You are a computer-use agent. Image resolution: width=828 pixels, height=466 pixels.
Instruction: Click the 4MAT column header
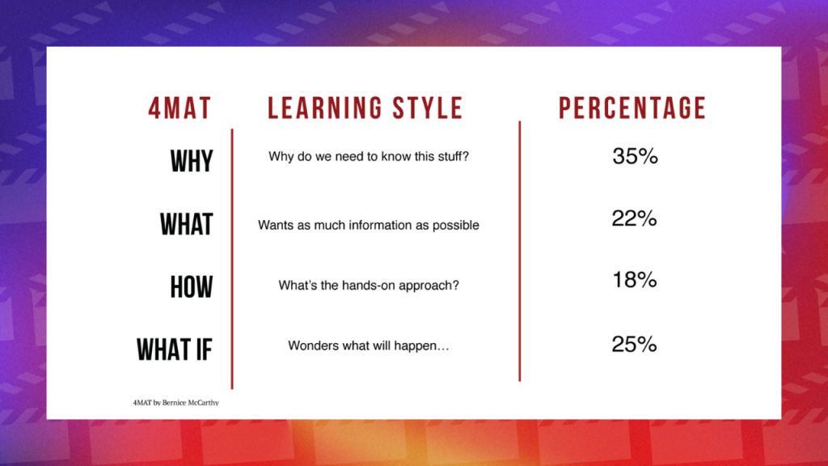(x=180, y=108)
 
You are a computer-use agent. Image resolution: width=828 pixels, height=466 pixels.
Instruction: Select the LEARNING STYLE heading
(x=365, y=108)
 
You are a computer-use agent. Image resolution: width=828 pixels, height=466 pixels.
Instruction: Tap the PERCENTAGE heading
(x=632, y=108)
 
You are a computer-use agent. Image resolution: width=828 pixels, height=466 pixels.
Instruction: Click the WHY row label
(x=192, y=161)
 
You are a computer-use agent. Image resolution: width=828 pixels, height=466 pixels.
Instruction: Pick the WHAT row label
(x=187, y=224)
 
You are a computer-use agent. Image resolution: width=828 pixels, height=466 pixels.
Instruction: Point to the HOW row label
(x=192, y=287)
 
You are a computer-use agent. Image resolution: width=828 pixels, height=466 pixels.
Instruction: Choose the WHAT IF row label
(x=175, y=349)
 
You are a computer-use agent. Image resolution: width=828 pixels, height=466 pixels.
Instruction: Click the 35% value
(x=635, y=156)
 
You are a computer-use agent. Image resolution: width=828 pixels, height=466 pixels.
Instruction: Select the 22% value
(x=634, y=218)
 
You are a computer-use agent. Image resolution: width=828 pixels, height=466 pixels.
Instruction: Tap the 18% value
(x=634, y=280)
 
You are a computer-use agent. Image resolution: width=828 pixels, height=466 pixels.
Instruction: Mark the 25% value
(x=634, y=345)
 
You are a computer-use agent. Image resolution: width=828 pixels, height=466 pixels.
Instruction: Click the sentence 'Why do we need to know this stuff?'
(x=369, y=157)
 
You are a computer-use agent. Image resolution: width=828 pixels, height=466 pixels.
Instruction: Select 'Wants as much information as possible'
(x=369, y=226)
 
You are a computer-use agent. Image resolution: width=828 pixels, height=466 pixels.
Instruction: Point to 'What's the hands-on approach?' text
(x=369, y=286)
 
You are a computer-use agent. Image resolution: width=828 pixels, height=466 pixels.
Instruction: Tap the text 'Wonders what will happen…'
(x=369, y=346)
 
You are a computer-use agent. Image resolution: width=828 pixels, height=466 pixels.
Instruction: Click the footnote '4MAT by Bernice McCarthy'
(x=175, y=403)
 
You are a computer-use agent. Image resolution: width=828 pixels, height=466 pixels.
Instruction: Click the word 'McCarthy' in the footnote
(x=204, y=403)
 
